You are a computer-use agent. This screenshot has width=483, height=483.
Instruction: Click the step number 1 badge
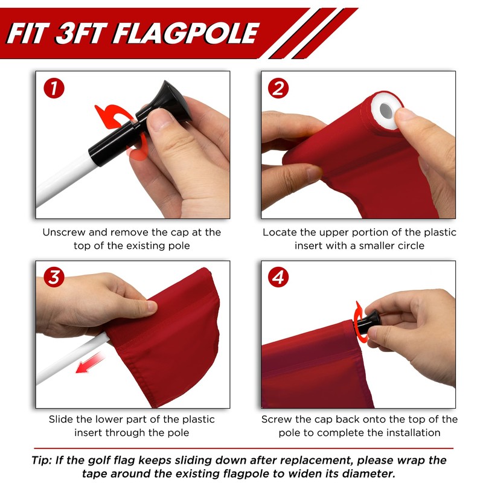point(54,89)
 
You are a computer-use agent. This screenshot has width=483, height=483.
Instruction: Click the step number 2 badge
point(279,89)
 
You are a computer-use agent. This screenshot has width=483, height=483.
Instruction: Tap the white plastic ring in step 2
point(387,110)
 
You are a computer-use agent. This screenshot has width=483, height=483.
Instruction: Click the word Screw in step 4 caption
point(277,419)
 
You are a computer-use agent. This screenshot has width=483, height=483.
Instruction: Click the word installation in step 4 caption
point(411,433)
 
